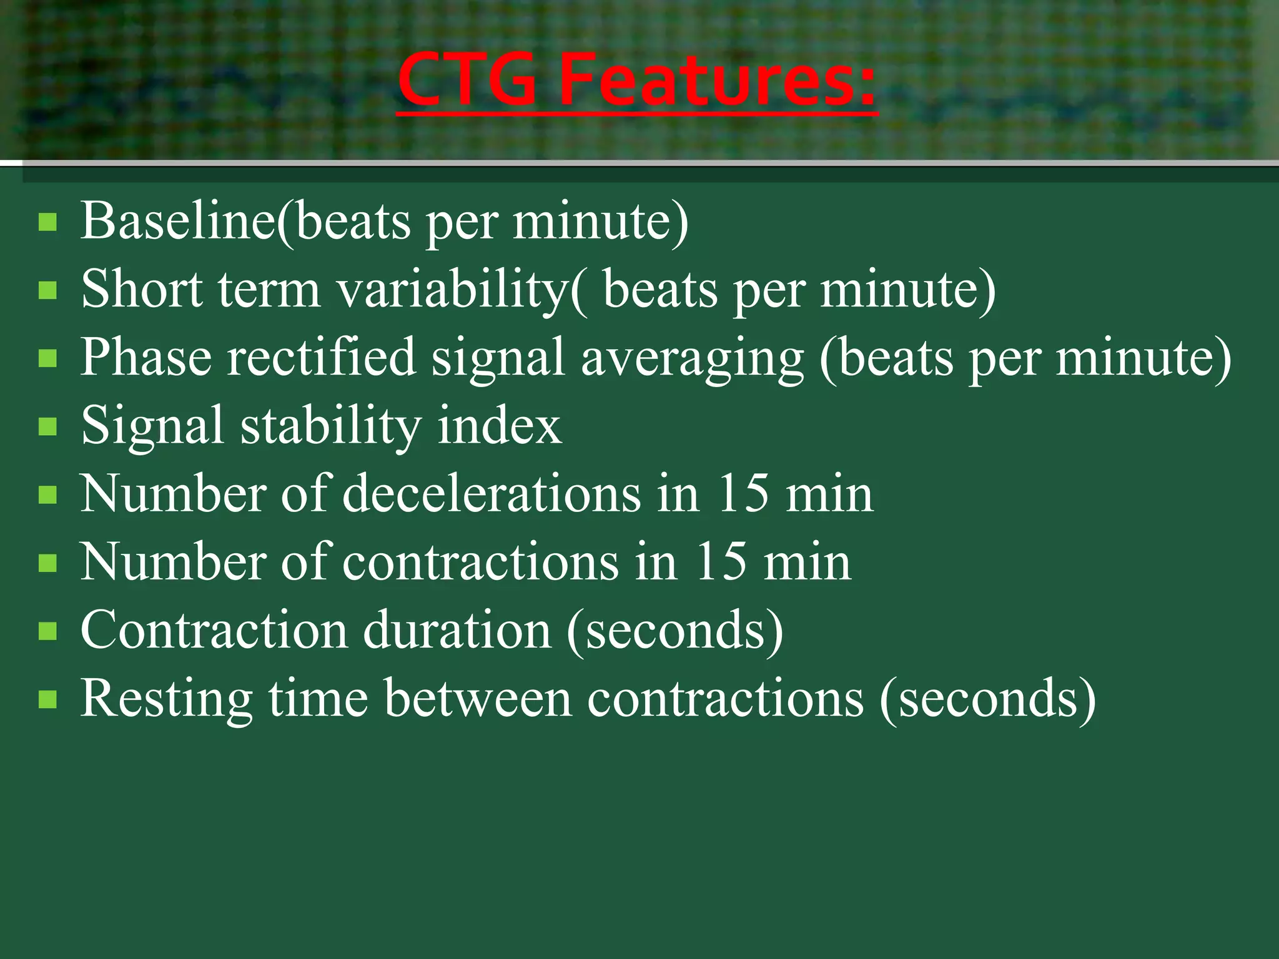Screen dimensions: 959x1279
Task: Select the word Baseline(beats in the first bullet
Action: (246, 221)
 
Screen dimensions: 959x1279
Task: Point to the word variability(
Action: (462, 291)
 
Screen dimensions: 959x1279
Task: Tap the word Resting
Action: (166, 699)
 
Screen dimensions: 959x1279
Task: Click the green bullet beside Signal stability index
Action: (47, 427)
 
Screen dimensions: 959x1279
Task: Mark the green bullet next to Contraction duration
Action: (47, 631)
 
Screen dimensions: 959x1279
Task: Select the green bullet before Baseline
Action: (47, 222)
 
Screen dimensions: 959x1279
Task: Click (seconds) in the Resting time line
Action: (987, 699)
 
